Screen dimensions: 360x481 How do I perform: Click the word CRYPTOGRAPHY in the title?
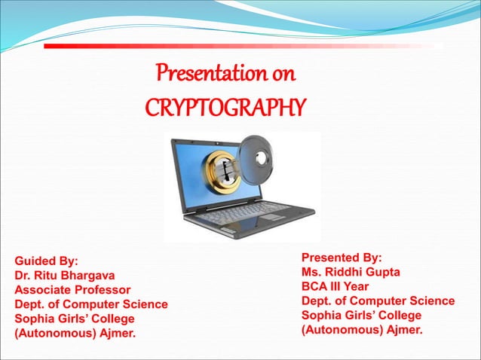[225, 107]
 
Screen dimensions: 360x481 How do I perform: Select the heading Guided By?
[47, 261]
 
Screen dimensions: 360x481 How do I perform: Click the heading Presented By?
[342, 258]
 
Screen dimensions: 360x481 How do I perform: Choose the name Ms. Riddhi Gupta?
[351, 272]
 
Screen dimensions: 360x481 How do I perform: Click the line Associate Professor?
[72, 290]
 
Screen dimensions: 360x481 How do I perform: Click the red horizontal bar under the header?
[241, 47]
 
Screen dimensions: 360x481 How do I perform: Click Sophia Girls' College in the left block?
[75, 319]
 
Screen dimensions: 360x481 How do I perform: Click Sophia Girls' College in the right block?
[361, 315]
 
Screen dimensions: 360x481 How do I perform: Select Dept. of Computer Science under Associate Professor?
[91, 304]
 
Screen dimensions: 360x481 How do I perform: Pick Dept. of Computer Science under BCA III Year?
[378, 301]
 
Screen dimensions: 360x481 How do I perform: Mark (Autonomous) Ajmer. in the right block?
[362, 329]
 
